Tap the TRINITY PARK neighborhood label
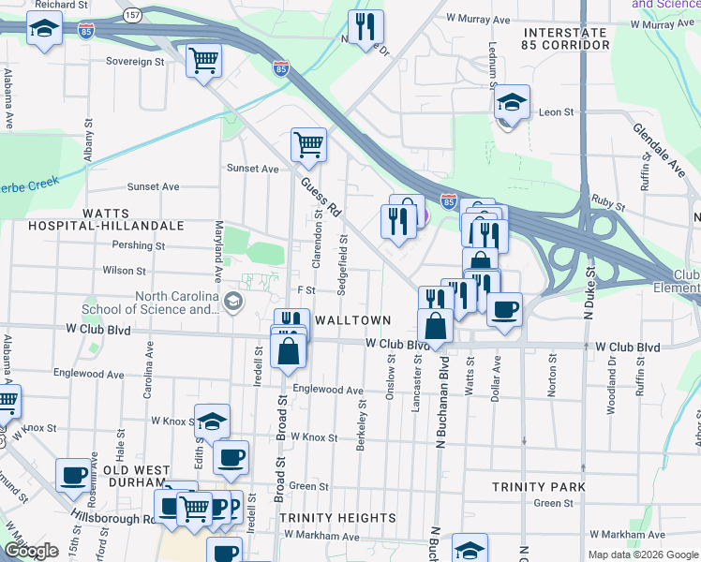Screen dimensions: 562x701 [x=539, y=487]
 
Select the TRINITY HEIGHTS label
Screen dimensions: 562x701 [x=337, y=518]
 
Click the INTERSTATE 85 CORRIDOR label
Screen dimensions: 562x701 [x=566, y=37]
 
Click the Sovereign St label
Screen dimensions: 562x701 [x=135, y=62]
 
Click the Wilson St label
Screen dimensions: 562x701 [x=124, y=271]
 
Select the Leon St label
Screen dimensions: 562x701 [x=556, y=112]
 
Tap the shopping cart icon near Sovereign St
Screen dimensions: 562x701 [x=203, y=61]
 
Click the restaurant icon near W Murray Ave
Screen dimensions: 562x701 [x=365, y=27]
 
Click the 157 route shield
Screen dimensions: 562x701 [x=132, y=16]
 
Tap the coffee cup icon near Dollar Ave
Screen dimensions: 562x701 [x=504, y=308]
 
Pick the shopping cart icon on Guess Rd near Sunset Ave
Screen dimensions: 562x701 [x=308, y=145]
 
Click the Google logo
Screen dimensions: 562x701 [x=31, y=551]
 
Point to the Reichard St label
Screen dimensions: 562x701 [x=62, y=5]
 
